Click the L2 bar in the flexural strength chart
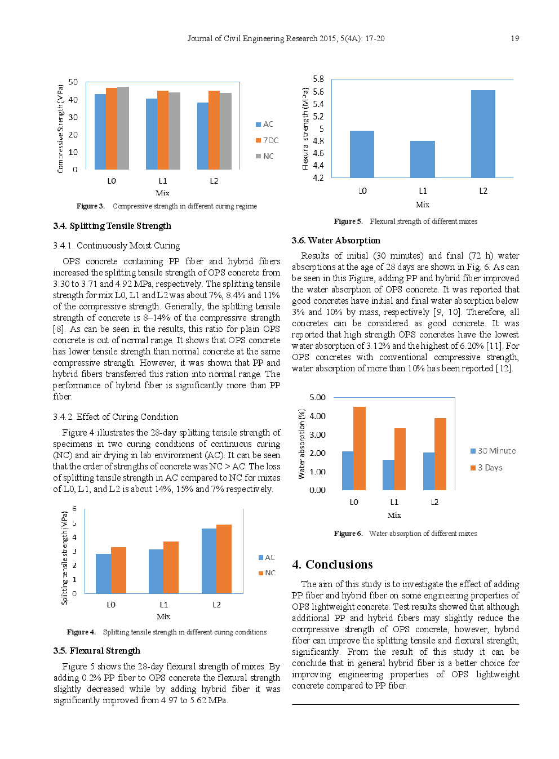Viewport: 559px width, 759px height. (483, 134)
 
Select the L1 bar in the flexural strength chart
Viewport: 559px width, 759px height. (423, 159)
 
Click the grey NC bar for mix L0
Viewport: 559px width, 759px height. (123, 128)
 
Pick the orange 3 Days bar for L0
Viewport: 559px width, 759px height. (360, 448)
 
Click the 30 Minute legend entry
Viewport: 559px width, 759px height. (493, 451)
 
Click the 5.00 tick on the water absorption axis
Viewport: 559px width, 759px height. (317, 397)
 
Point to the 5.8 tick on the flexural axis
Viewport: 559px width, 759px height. (318, 79)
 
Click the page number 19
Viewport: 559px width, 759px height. (514, 38)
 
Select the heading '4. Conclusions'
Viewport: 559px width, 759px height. (332, 565)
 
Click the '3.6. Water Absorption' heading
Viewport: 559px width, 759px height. (336, 241)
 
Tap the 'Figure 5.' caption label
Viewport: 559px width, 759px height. (348, 221)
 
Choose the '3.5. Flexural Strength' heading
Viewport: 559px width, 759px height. (97, 651)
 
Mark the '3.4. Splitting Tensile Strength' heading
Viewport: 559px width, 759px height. (112, 226)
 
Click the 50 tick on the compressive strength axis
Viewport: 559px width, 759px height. (73, 82)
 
